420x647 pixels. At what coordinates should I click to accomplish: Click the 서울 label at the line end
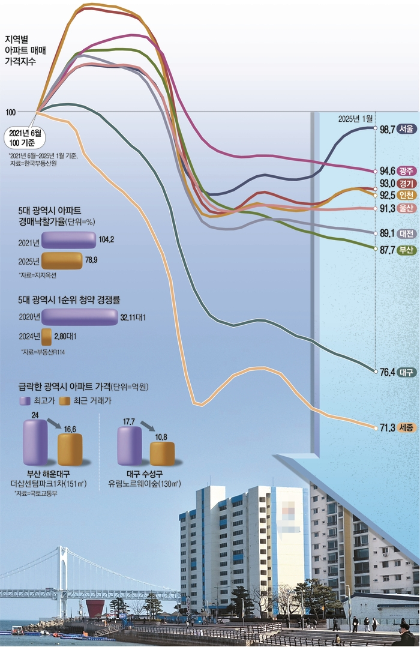coord(406,129)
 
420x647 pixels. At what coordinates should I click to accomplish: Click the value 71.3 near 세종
coord(387,428)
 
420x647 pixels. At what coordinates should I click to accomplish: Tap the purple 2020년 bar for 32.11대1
coord(79,316)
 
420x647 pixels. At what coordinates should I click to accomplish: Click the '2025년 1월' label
coord(355,118)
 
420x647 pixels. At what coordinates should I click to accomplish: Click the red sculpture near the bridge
coord(94,608)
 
